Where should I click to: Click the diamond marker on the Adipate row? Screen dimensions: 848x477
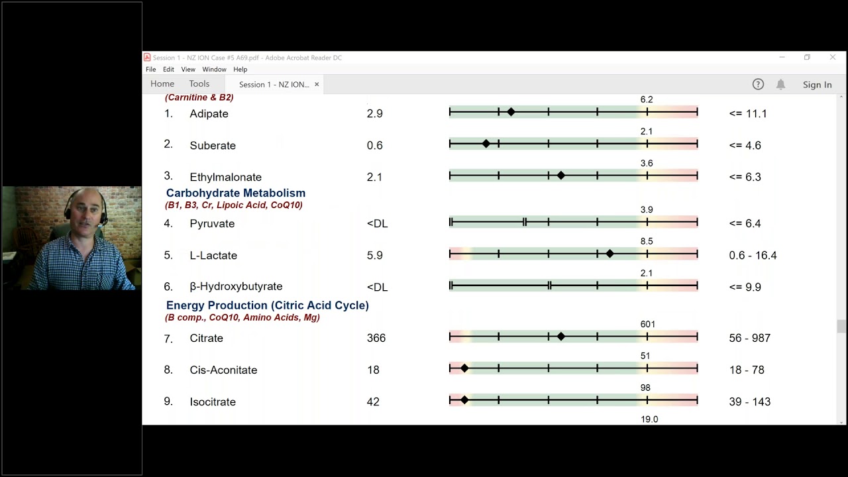coord(511,112)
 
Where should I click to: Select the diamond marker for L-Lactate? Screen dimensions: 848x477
coord(609,254)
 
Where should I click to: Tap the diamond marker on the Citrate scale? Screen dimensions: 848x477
coord(561,336)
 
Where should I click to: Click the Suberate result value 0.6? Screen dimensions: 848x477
coord(374,145)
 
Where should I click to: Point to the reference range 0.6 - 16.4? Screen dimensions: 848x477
coord(753,255)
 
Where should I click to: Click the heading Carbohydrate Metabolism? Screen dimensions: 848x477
coord(235,193)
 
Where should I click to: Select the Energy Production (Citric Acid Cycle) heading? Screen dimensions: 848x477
coord(267,305)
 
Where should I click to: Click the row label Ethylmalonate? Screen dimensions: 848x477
coord(226,177)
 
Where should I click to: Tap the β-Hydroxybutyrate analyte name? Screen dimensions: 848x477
coord(236,287)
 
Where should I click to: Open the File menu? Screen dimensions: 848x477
coord(150,70)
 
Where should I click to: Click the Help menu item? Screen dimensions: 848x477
coord(240,70)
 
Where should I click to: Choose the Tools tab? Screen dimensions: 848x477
coord(199,83)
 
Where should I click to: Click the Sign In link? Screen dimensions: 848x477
coord(818,85)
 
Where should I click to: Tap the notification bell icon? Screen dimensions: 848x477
coord(780,84)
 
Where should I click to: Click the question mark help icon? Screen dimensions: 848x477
coord(758,84)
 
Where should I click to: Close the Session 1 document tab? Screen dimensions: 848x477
coord(317,84)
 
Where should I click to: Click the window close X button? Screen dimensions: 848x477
coord(833,57)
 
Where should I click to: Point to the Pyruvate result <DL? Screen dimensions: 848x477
coord(377,224)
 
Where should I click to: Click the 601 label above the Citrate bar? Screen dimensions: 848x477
coord(647,325)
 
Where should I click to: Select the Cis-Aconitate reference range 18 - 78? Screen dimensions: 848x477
coord(747,370)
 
